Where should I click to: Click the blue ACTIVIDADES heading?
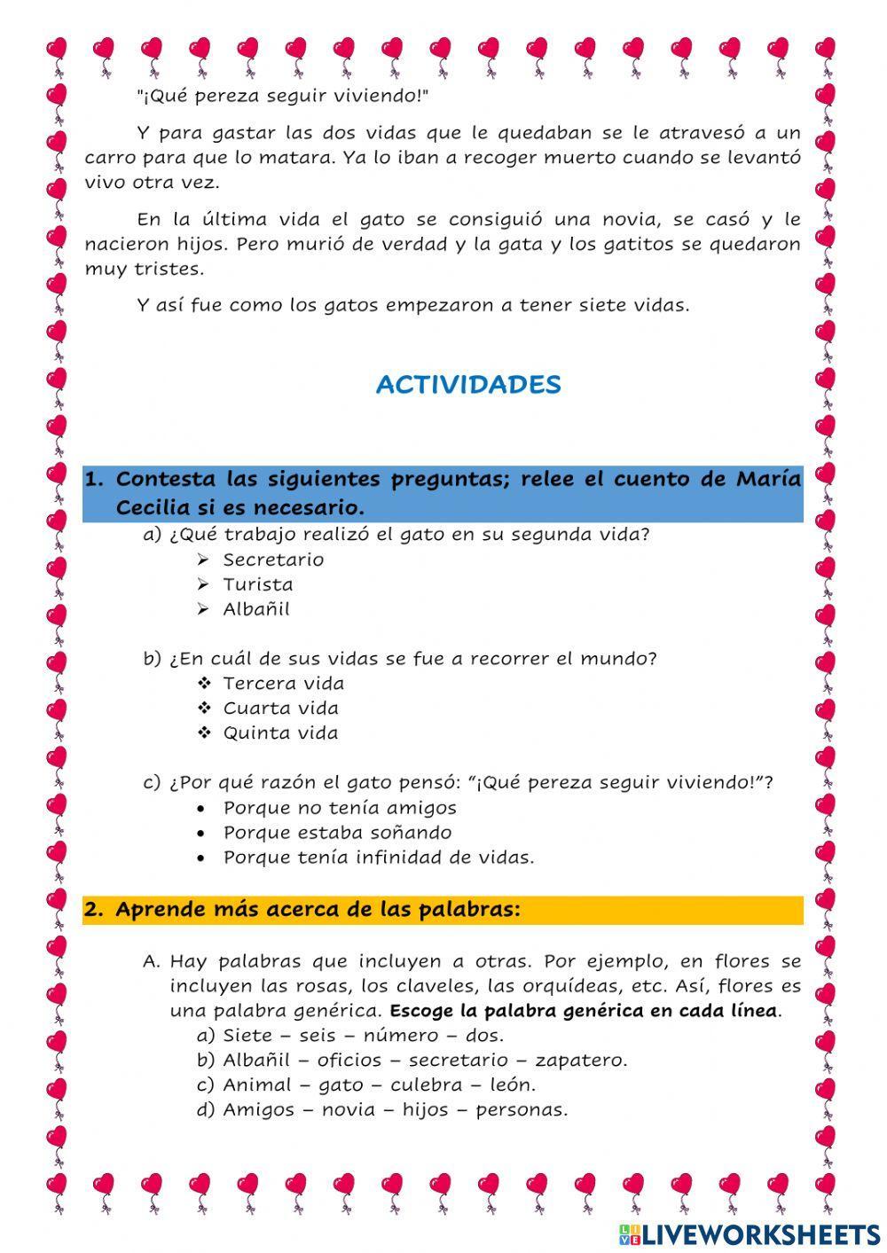tap(468, 385)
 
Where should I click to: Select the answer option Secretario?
tap(273, 560)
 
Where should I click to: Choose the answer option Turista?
tap(257, 584)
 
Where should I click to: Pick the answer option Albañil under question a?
tap(256, 609)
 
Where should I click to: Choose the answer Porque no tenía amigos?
tap(340, 808)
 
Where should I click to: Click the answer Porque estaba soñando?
tap(337, 833)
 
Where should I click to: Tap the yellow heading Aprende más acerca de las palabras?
tap(318, 910)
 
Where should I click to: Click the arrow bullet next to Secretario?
tap(203, 560)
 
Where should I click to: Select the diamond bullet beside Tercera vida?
tap(203, 684)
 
